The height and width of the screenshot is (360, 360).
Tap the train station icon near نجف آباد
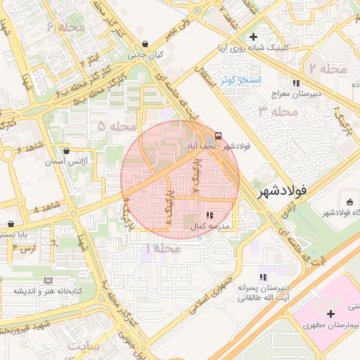click(x=218, y=135)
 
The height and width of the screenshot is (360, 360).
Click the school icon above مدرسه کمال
click(x=209, y=214)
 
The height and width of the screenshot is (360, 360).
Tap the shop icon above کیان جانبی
click(x=144, y=44)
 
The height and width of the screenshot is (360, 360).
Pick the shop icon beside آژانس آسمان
click(x=67, y=150)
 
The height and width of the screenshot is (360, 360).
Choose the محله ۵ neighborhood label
click(x=117, y=127)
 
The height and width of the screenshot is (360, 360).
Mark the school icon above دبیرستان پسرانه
click(x=264, y=277)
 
